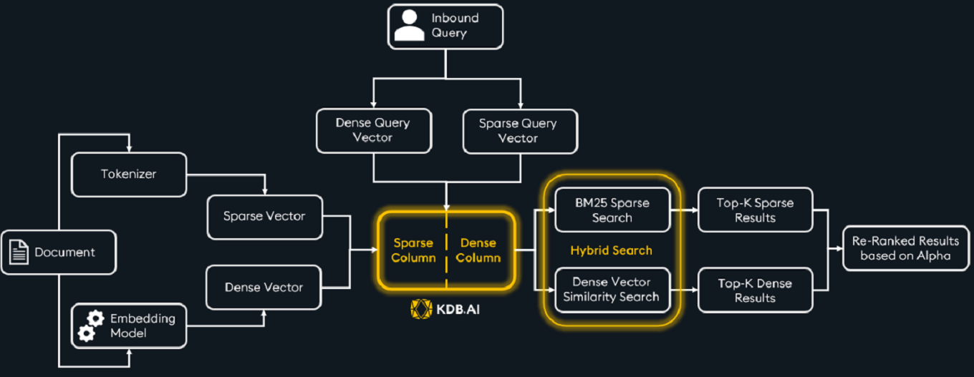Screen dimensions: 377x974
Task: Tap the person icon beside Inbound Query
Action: tap(409, 26)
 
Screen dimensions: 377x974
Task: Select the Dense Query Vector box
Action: tap(373, 130)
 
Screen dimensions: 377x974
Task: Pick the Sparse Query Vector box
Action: tap(519, 131)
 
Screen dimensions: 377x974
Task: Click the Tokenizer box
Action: tap(129, 174)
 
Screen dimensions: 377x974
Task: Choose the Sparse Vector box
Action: tap(264, 216)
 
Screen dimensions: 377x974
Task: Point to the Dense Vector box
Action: tap(264, 288)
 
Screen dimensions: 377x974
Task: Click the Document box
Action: tap(58, 252)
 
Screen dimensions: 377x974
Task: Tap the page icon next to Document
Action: tap(20, 253)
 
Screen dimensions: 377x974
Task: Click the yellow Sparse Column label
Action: tap(413, 250)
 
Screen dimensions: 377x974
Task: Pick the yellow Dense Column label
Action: tap(478, 250)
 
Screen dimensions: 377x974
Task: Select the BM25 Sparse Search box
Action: tap(612, 210)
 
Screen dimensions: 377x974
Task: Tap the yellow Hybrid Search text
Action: tap(611, 250)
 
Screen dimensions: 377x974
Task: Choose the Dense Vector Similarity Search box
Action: tap(612, 289)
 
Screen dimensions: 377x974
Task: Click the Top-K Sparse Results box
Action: tap(755, 210)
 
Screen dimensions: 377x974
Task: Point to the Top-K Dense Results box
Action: tap(755, 290)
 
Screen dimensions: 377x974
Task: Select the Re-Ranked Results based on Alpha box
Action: tap(905, 248)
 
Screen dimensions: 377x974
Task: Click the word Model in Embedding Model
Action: tap(129, 333)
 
